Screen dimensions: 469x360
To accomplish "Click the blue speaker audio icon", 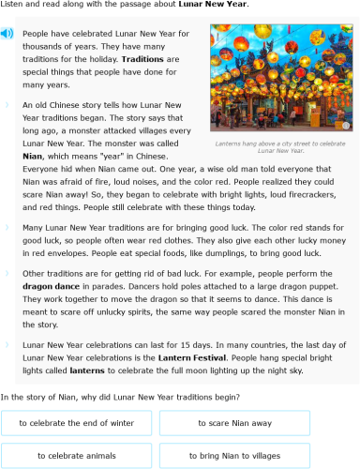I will [7, 34].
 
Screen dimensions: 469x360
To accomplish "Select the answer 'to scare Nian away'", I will [234, 423].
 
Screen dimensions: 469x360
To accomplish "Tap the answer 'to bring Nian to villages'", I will [234, 455].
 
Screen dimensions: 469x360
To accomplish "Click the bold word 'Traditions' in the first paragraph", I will [141, 58].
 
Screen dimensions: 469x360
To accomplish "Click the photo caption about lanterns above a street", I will [279, 146].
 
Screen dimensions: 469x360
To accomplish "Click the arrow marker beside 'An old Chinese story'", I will [7, 104].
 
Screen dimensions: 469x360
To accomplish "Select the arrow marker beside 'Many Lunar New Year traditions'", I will [7, 227].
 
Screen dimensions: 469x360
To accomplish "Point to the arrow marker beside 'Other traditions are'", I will [7, 273].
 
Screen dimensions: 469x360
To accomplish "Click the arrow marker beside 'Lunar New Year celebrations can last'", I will [7, 345].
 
